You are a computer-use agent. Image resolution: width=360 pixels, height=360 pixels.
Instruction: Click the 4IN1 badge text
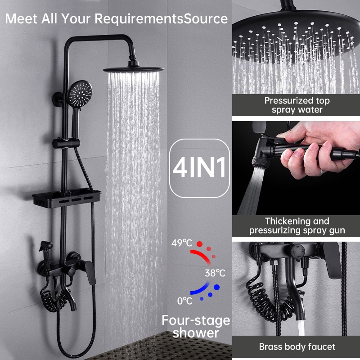coord(199,167)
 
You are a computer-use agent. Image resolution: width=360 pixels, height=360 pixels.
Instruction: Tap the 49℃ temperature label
coord(182,243)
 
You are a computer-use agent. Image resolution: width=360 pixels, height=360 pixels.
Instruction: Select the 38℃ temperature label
coord(215,273)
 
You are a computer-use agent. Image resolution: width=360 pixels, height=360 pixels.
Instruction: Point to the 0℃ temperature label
coord(184,301)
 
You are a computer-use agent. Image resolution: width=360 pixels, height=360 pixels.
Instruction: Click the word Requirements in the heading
coord(139,18)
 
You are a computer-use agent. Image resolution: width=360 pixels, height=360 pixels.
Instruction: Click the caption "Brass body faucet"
coord(297,346)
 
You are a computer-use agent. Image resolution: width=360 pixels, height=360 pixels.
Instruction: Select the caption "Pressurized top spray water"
coord(297,105)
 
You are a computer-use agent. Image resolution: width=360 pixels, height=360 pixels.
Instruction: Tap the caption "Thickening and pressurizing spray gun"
coord(297,226)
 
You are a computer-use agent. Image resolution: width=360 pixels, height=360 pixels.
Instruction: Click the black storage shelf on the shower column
coord(67,198)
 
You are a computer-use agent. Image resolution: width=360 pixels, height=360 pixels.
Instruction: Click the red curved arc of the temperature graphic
coord(202,255)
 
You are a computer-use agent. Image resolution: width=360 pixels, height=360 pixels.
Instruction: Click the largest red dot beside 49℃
coord(199,244)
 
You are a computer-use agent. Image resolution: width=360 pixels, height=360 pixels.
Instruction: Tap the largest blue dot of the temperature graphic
coord(216,287)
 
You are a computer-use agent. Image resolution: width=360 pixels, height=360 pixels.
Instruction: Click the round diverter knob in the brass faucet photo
coord(297,252)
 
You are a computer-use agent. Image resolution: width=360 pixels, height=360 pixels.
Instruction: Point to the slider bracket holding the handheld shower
coord(66,143)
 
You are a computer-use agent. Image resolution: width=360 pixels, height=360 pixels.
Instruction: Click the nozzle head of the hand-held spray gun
coord(261,162)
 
